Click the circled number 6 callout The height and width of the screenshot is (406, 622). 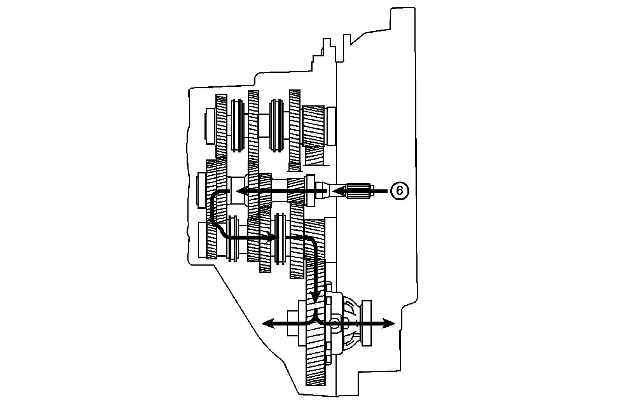click(x=399, y=191)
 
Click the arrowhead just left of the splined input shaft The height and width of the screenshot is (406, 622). click(x=337, y=191)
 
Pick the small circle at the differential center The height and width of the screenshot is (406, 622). click(x=334, y=323)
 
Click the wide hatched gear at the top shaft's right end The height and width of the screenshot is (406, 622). click(x=313, y=126)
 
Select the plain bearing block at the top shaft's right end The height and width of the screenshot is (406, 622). click(x=331, y=125)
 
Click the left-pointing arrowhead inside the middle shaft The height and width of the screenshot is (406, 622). click(x=243, y=191)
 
